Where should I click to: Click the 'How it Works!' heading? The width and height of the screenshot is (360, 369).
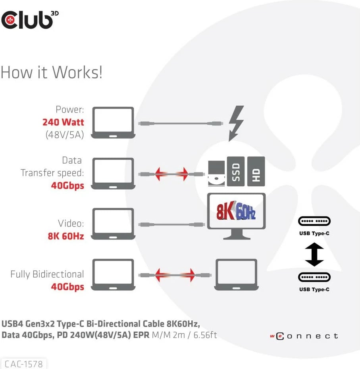point(52,72)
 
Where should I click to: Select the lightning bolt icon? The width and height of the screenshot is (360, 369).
point(236,123)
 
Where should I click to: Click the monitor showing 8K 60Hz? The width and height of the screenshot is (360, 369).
point(236,215)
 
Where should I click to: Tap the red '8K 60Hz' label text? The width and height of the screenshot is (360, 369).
point(66,236)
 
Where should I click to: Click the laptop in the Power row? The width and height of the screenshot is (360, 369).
point(113,123)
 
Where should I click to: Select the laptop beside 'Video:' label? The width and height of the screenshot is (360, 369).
point(113,224)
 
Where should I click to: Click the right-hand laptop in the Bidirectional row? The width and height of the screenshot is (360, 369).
point(236,274)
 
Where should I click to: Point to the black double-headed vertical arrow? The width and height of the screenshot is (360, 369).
point(314,255)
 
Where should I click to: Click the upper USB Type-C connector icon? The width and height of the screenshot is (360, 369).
point(314,221)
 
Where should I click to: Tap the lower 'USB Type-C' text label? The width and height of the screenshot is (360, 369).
point(314,290)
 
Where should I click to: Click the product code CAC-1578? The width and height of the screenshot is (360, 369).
point(24,363)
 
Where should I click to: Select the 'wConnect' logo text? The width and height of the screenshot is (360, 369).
point(304,336)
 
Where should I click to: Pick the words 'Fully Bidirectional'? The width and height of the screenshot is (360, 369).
point(47,274)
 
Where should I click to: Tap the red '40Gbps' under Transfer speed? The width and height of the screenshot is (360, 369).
point(67,185)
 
